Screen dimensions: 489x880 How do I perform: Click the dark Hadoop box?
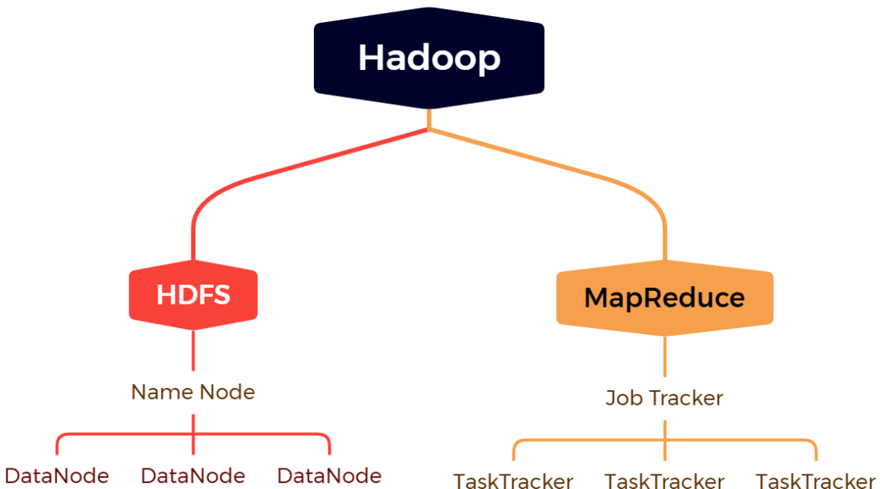click(x=429, y=58)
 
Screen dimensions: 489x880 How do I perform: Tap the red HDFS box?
click(x=193, y=295)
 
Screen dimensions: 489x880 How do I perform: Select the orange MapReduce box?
click(x=664, y=298)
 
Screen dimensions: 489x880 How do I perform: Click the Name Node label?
click(x=193, y=392)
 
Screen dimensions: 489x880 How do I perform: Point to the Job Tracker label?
click(x=664, y=397)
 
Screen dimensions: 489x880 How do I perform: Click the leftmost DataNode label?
click(x=57, y=476)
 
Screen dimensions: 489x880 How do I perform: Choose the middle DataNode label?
click(x=193, y=476)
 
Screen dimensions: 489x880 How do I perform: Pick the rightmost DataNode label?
click(x=329, y=476)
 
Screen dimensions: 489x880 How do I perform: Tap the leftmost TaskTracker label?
click(x=513, y=481)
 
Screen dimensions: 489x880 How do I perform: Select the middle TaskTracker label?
click(x=664, y=481)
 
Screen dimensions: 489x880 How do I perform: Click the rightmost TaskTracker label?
click(x=815, y=481)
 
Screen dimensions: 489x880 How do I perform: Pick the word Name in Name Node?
click(x=162, y=392)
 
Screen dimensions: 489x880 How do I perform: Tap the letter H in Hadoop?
click(x=370, y=58)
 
